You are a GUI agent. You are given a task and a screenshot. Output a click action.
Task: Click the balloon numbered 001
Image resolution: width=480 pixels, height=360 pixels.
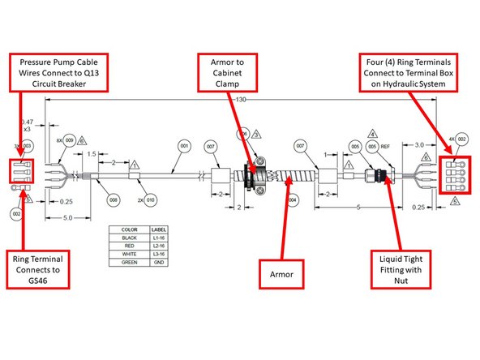coord(183,146)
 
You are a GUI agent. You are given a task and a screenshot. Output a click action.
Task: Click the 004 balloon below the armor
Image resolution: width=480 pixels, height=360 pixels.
coord(293,197)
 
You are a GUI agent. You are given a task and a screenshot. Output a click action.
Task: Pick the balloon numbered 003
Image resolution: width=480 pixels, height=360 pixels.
coord(27,144)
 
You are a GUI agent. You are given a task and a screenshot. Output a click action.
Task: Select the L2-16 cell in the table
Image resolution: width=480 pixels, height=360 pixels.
coord(159,245)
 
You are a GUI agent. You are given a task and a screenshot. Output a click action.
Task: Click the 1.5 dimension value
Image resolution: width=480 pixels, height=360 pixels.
coord(94,153)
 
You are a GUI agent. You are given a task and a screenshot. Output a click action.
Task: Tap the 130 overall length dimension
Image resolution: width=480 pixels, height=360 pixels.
coord(241,98)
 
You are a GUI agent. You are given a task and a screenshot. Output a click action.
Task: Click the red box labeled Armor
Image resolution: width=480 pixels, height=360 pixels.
coord(280,273)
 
